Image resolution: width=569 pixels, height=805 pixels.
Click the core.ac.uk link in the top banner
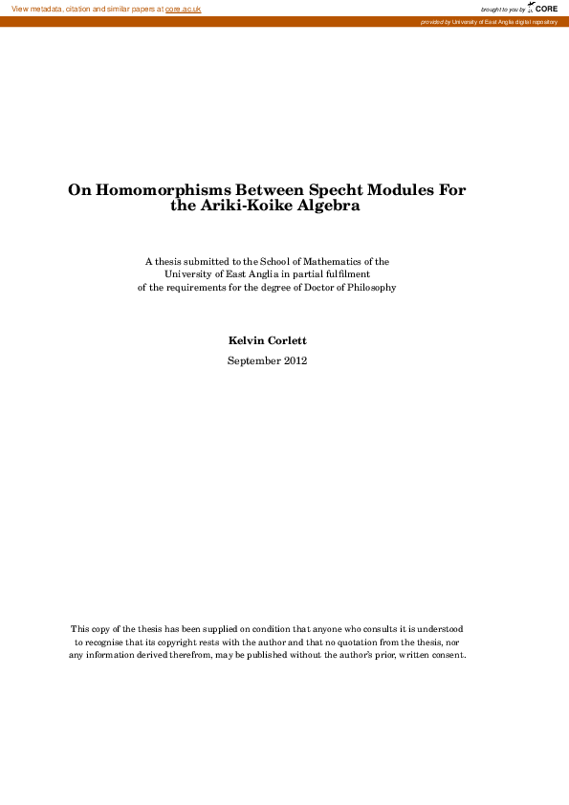click(x=183, y=9)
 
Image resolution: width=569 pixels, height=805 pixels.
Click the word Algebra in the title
click(x=328, y=206)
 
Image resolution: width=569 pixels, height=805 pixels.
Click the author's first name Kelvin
click(x=247, y=340)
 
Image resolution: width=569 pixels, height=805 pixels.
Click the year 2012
click(x=295, y=360)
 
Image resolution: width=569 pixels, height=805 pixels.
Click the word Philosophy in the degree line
click(x=368, y=288)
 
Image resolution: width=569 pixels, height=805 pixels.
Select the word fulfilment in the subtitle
click(x=348, y=274)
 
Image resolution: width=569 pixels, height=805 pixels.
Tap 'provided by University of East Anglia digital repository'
click(x=488, y=21)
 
